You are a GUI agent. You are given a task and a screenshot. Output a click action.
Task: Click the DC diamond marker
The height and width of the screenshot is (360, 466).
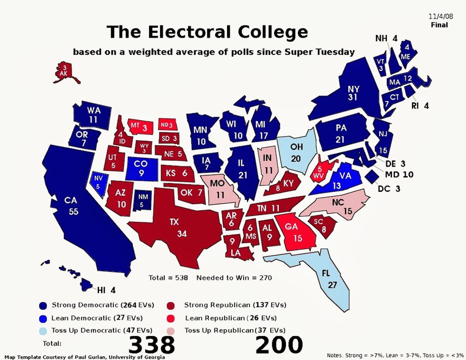coord(372,176)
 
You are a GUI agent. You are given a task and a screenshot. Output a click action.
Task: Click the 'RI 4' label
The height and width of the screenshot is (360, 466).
coord(420,106)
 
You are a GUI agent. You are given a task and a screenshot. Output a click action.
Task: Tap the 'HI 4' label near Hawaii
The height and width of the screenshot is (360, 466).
coord(106,290)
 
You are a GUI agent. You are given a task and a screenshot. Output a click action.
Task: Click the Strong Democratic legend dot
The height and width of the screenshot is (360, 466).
coord(43,305)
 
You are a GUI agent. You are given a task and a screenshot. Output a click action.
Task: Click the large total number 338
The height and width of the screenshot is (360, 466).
coord(151,344)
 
